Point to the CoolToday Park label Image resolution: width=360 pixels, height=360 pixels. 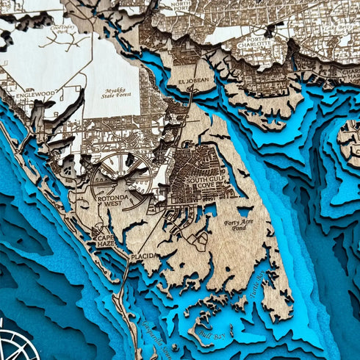click(x=65, y=32)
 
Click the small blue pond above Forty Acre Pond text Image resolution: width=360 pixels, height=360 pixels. click(x=243, y=212)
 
